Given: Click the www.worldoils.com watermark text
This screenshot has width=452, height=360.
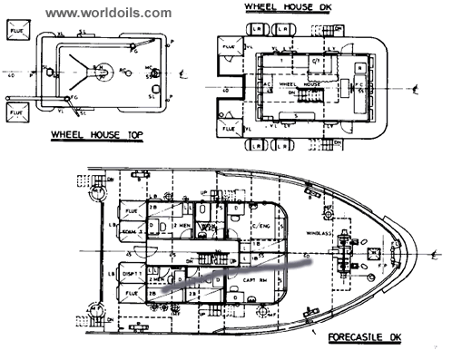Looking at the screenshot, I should pyautogui.click(x=108, y=13).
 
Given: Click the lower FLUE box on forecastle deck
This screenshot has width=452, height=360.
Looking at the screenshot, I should pyautogui.click(x=132, y=294).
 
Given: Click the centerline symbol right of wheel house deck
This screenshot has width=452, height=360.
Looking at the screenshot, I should pyautogui.click(x=414, y=89).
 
